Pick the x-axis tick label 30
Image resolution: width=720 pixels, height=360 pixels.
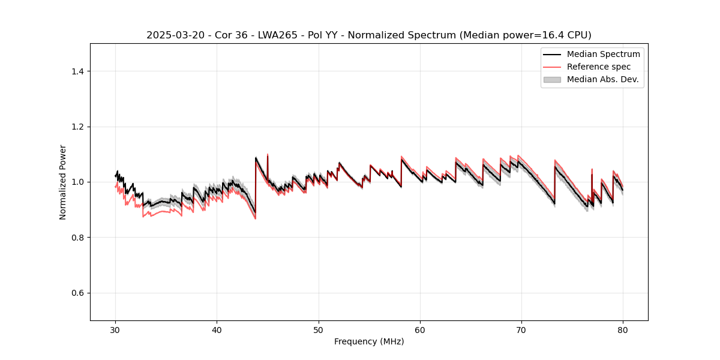pyautogui.click(x=116, y=330)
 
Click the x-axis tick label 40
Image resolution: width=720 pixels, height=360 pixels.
pyautogui.click(x=217, y=330)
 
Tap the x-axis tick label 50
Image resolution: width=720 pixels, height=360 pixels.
pyautogui.click(x=319, y=330)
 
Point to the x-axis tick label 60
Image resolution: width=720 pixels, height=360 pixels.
pyautogui.click(x=420, y=330)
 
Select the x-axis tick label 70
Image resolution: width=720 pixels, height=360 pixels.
pyautogui.click(x=521, y=330)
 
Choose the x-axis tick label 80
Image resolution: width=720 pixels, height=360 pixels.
pyautogui.click(x=623, y=330)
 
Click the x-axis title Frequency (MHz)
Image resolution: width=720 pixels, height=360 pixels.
pyautogui.click(x=369, y=341)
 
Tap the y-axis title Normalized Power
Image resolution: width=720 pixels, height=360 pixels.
pyautogui.click(x=63, y=182)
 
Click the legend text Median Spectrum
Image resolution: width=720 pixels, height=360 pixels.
pyautogui.click(x=603, y=54)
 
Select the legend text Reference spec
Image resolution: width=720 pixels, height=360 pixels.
pyautogui.click(x=599, y=67)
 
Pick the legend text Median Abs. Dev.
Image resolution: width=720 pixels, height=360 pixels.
pyautogui.click(x=602, y=79)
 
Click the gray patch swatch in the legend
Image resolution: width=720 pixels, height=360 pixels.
pyautogui.click(x=552, y=79)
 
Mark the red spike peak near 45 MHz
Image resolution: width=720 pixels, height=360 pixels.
pyautogui.click(x=268, y=154)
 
